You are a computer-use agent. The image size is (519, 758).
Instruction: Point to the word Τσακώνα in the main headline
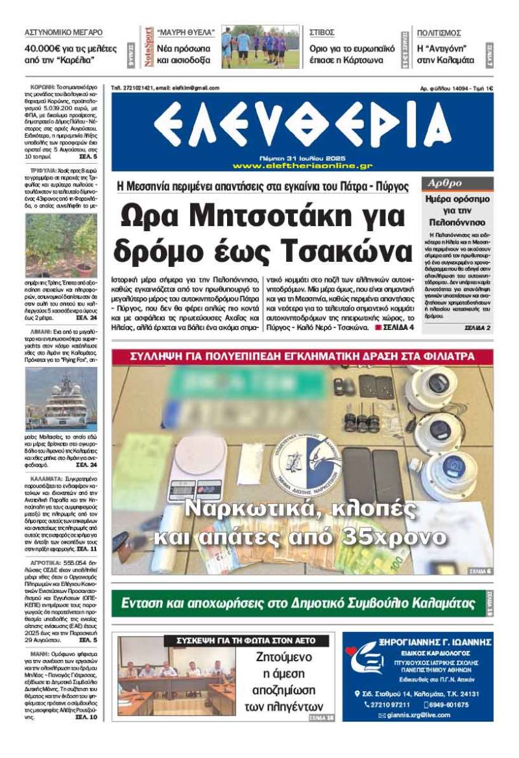click(337, 249)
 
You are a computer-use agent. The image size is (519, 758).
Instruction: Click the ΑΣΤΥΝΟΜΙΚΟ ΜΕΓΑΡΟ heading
click(63, 32)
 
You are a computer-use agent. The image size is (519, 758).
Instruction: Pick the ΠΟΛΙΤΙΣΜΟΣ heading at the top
click(439, 32)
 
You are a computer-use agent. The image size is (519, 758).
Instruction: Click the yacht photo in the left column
click(61, 400)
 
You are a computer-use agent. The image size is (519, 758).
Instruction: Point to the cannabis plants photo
click(61, 246)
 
